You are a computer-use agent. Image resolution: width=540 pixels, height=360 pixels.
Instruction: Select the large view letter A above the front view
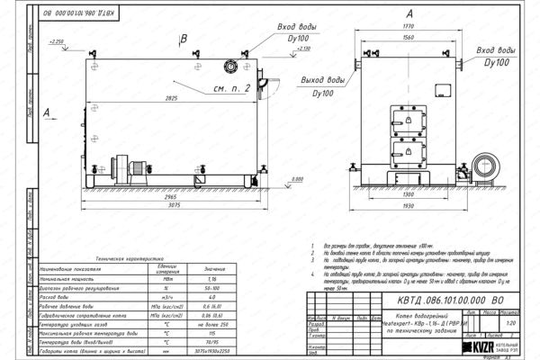(409, 13)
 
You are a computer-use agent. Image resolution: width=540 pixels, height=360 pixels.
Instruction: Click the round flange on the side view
(231, 65)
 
